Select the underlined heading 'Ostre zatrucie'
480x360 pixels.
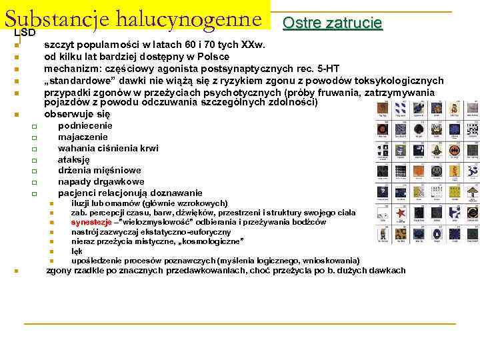coord(332,23)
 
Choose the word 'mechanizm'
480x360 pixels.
coord(69,68)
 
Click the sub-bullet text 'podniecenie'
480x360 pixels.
coord(85,125)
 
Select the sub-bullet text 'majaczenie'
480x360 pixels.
coord(83,137)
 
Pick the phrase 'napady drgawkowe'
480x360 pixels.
coord(101,181)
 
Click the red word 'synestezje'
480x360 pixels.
coord(91,222)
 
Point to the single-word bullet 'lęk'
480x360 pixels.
coord(77,251)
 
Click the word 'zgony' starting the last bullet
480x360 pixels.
coord(59,271)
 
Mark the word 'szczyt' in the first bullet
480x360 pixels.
coord(58,45)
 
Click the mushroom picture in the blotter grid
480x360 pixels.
coord(472,193)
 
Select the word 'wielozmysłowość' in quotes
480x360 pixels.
coord(159,222)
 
